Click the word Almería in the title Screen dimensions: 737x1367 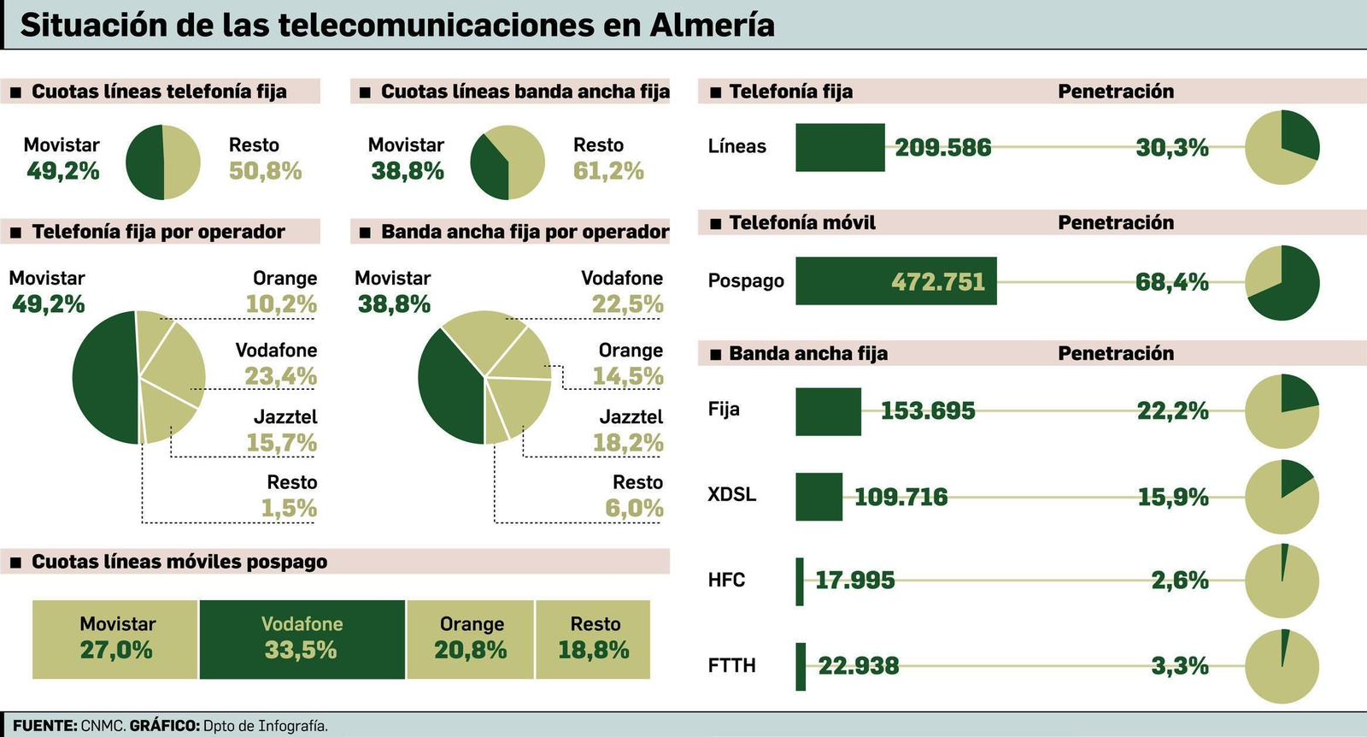[712, 25]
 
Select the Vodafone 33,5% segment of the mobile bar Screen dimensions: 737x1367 [302, 639]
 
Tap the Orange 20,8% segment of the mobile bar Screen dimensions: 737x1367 [471, 639]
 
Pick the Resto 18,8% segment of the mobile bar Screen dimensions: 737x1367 [594, 639]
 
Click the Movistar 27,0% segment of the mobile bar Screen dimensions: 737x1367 [116, 639]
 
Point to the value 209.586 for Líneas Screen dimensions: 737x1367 [942, 148]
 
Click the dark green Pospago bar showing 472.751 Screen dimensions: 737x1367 [895, 281]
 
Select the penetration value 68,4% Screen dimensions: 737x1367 [1171, 282]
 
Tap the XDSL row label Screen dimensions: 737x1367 [732, 495]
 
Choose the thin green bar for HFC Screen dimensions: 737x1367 [800, 581]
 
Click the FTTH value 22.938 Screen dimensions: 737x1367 [858, 666]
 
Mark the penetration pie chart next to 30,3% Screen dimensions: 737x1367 [1282, 147]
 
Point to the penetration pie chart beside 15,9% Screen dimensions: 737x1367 [1282, 497]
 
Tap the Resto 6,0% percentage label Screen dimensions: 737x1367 [634, 509]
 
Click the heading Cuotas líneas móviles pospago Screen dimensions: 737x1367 [179, 562]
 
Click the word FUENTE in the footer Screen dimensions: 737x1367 [44, 726]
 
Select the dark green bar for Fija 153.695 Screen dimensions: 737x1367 [828, 411]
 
